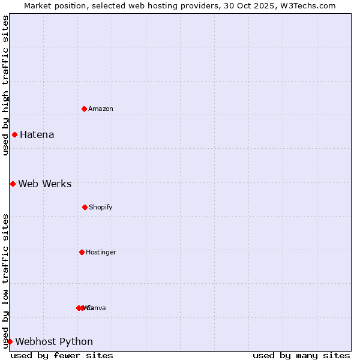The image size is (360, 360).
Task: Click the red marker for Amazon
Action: tap(85, 109)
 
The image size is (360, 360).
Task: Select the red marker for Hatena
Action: tap(14, 134)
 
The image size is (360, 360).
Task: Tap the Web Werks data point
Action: tap(13, 184)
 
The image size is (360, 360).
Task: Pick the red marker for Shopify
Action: tap(85, 207)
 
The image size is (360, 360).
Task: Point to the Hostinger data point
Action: tap(82, 252)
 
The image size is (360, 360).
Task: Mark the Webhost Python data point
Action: tap(10, 341)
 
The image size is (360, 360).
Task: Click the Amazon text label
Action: tap(101, 109)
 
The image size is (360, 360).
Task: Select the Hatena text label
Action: tap(37, 134)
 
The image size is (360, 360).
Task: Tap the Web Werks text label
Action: tap(44, 184)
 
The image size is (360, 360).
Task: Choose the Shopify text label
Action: tap(101, 207)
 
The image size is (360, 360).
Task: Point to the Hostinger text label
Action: tap(101, 252)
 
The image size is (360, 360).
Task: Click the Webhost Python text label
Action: tap(54, 341)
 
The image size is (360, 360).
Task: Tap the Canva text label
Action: tap(97, 308)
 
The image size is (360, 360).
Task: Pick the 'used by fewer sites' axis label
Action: tap(62, 355)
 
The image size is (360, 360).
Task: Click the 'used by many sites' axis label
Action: tap(301, 355)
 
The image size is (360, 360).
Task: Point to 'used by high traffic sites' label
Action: tap(5, 85)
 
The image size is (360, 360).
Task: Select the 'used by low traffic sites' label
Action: tap(5, 280)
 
